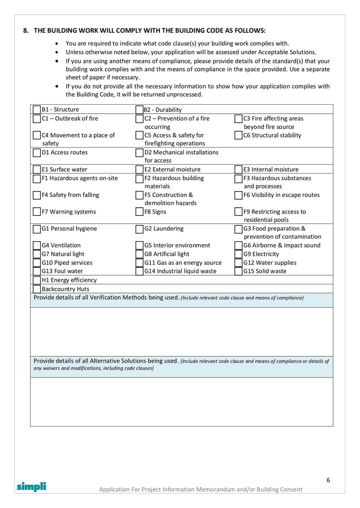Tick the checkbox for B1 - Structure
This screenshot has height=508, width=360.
coord(36,110)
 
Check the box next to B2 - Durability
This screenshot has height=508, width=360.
coord(139,110)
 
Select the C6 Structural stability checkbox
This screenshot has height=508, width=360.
coord(238,135)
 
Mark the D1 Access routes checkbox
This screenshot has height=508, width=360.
coord(36,152)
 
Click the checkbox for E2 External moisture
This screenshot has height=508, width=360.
coord(139,169)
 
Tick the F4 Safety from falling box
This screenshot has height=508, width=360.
coord(36,195)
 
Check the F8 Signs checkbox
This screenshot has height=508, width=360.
coord(139,212)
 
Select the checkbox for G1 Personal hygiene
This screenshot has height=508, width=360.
coord(36,229)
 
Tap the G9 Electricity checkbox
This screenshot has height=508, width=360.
coord(238,254)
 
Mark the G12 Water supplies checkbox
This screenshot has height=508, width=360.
coord(238,263)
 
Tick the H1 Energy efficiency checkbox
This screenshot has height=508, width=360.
coord(36,280)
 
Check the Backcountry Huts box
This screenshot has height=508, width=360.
coord(36,289)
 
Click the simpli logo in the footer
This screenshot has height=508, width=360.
coord(31,486)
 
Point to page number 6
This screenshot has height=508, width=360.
coord(328,480)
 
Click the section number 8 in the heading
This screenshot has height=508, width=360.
coord(25,31)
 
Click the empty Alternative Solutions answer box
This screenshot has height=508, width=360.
coord(181,401)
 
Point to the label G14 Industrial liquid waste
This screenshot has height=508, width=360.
coord(180,271)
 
